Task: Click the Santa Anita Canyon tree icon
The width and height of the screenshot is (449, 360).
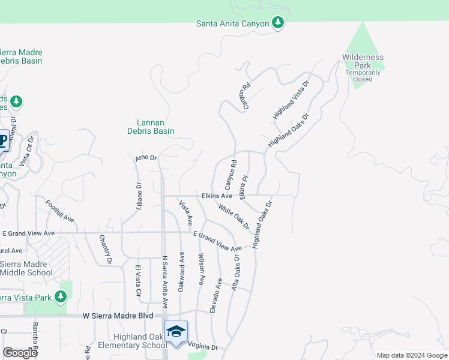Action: (277, 23)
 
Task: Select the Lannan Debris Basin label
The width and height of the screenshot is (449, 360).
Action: (151, 127)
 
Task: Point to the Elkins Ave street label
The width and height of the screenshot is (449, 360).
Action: (217, 196)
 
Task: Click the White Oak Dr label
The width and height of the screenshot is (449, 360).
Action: (234, 217)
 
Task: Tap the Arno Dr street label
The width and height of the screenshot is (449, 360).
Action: (146, 158)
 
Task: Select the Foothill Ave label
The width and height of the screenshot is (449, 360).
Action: (60, 211)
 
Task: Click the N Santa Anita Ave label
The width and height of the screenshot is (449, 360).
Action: (164, 283)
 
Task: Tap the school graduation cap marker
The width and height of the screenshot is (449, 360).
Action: (176, 332)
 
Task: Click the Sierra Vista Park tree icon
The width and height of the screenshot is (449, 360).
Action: (60, 297)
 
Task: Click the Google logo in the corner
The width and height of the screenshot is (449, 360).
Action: (20, 352)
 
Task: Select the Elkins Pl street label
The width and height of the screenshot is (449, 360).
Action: (243, 187)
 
